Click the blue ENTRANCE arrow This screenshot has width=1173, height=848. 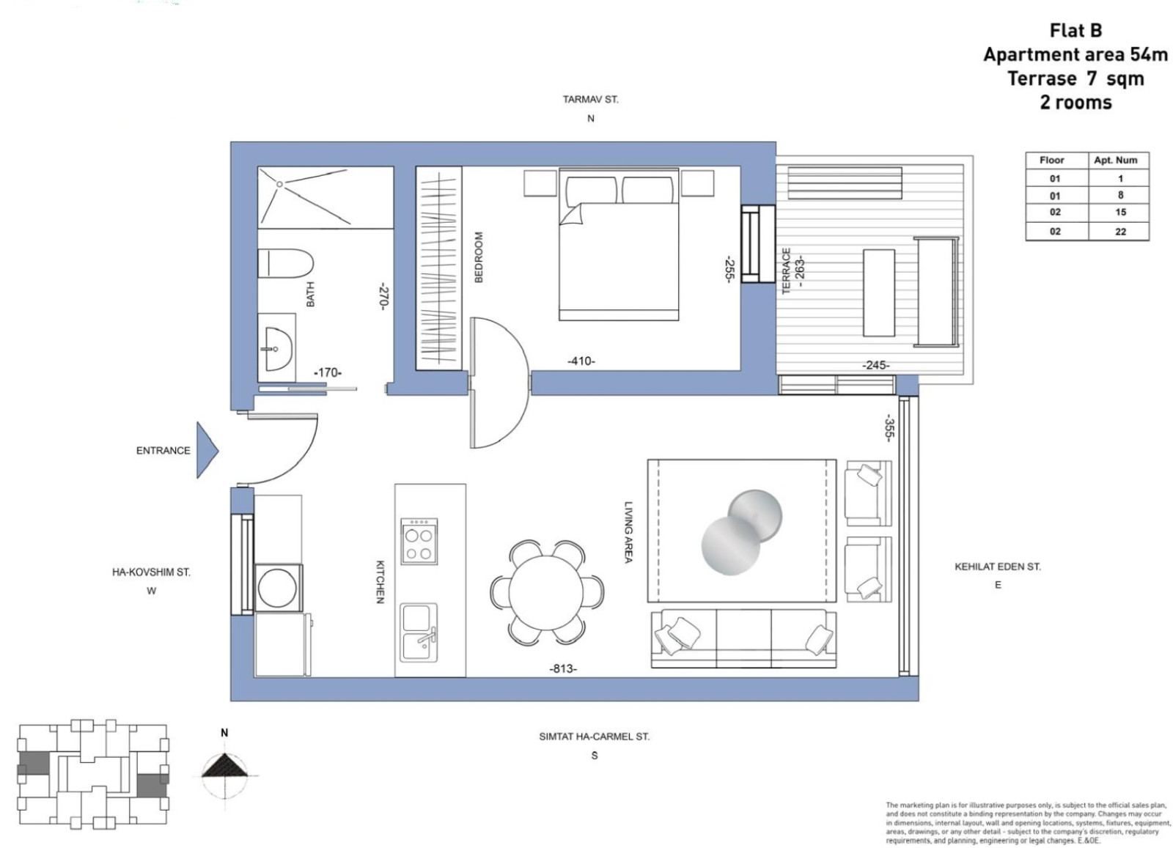(206, 450)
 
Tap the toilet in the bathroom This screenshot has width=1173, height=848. (285, 264)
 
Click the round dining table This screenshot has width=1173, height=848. (547, 592)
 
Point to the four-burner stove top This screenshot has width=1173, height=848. (419, 542)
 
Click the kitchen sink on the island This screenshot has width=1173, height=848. (419, 631)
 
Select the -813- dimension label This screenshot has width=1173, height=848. (563, 668)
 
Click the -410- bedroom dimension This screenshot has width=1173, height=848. (581, 361)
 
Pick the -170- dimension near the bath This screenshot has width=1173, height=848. (328, 372)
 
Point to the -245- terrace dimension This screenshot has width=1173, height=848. (875, 365)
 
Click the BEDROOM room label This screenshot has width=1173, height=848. (479, 257)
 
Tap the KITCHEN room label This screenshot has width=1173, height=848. (380, 582)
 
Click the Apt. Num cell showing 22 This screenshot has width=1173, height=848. (1119, 232)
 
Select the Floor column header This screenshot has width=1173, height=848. (1051, 160)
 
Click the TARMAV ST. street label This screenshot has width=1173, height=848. (590, 100)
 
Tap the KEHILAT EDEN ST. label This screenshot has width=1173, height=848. (997, 567)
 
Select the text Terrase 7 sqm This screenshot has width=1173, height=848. (1075, 78)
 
